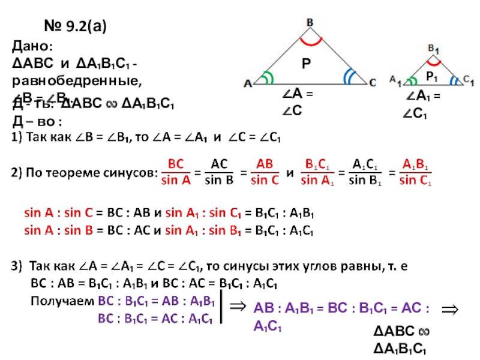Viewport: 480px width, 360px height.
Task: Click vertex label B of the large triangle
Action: click(310, 22)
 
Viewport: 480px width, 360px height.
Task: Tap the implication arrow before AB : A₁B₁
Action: click(238, 307)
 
